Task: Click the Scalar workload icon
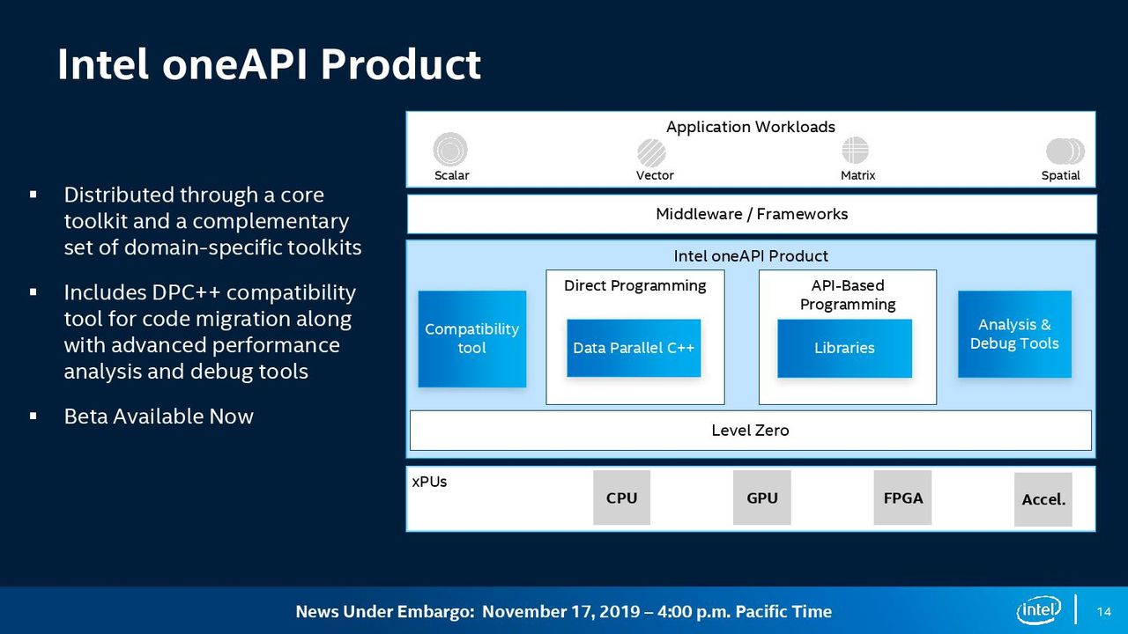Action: pos(450,149)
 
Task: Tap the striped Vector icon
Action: pos(651,152)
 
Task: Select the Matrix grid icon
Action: pos(855,150)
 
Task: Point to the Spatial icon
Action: pos(1065,151)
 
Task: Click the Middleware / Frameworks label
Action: pos(752,214)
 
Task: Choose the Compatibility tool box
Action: pos(471,339)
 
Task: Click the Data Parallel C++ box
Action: pos(634,348)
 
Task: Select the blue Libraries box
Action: pos(844,348)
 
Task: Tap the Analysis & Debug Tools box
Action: pos(1014,334)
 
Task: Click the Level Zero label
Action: pos(750,431)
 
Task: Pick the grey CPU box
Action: pos(621,498)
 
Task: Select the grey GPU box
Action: pos(762,498)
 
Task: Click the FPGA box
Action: pos(902,498)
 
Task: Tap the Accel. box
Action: pos(1043,499)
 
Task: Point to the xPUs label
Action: pos(429,482)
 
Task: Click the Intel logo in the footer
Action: pos(1038,610)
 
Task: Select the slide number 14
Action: pos(1104,611)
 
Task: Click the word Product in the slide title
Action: pos(401,64)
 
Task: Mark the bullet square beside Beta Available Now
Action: pos(33,417)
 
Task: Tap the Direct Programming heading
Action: pos(635,286)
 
